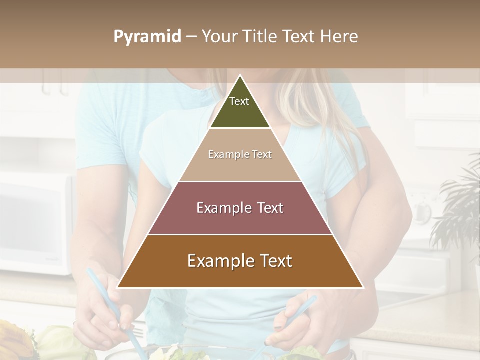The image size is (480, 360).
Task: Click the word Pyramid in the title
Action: [x=147, y=37]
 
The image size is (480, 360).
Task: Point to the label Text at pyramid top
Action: [x=239, y=101]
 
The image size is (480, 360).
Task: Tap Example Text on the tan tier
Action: [x=240, y=154]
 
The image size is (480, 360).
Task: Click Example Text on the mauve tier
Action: [x=240, y=208]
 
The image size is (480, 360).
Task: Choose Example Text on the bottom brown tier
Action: [x=240, y=261]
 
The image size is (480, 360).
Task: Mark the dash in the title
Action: [x=191, y=37]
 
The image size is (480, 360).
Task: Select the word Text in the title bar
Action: [x=300, y=36]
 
